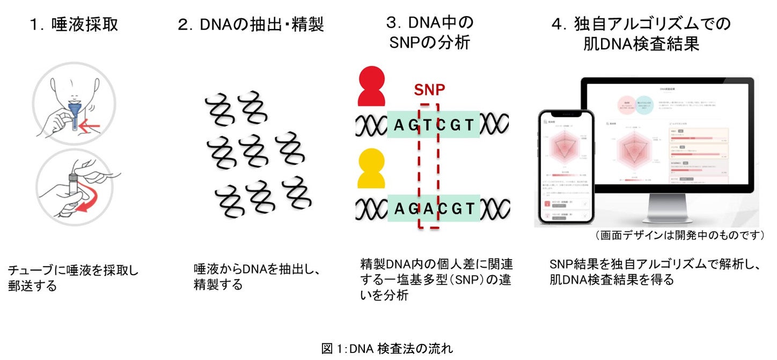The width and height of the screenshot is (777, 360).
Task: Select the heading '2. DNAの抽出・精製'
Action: (x=251, y=25)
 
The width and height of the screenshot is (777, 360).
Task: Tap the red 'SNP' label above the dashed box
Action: (x=429, y=89)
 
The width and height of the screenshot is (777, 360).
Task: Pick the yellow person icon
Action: (x=371, y=168)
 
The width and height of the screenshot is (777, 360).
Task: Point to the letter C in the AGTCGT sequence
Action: (x=440, y=125)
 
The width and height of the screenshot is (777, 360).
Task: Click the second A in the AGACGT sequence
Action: (x=428, y=208)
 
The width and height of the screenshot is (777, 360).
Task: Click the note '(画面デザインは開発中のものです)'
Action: (x=679, y=236)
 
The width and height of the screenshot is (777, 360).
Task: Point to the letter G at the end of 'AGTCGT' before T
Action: (x=456, y=125)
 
